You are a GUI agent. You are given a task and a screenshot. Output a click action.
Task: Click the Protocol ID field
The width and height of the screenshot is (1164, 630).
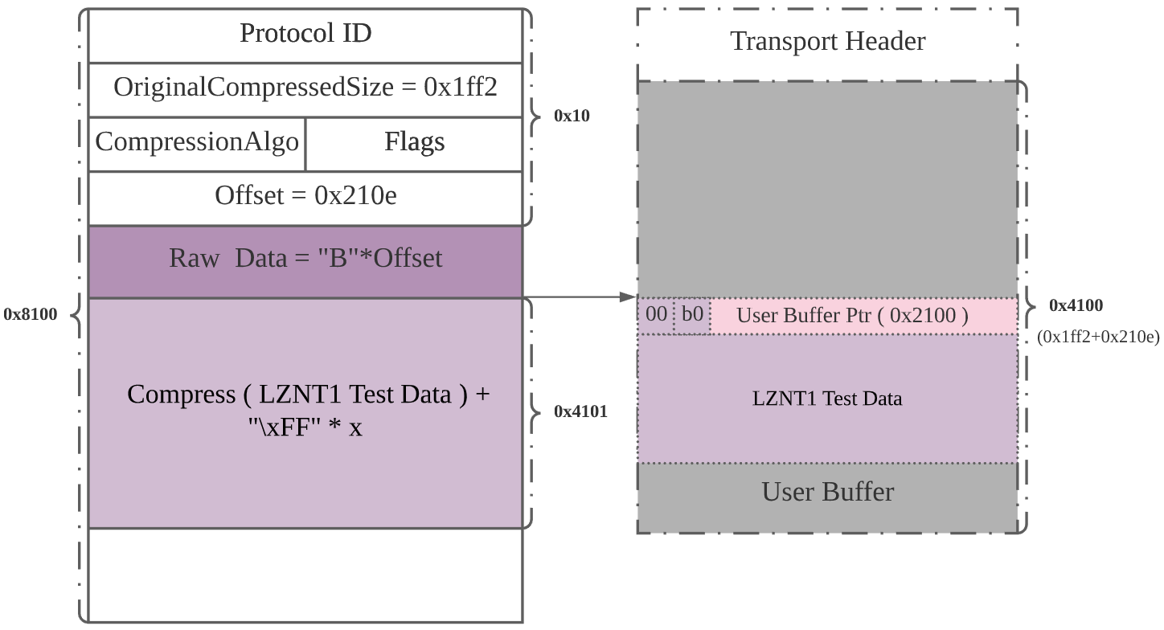click(305, 34)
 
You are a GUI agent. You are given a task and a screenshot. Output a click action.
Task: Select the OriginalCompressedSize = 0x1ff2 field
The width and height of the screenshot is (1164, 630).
click(305, 87)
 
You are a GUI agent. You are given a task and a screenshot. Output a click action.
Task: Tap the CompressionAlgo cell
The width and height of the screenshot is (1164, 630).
click(197, 142)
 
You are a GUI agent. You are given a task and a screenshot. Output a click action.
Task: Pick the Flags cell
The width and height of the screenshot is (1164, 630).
click(414, 142)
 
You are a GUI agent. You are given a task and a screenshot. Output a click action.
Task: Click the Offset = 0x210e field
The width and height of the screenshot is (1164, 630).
click(305, 195)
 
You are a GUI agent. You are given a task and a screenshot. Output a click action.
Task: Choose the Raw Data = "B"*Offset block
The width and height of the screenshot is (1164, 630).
click(305, 258)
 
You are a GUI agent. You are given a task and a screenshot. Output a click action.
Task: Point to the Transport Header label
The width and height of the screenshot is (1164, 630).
click(827, 42)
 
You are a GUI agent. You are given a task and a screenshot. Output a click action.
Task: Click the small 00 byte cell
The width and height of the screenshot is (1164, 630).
click(656, 314)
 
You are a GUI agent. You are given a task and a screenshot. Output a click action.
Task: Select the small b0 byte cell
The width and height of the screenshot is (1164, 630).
click(692, 314)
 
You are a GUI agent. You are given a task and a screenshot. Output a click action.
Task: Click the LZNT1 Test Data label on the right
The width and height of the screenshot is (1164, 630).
click(827, 399)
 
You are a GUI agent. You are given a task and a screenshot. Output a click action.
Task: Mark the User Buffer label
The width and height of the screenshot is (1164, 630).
click(827, 491)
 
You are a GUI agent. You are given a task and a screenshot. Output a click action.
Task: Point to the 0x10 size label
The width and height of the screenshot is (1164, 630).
click(572, 116)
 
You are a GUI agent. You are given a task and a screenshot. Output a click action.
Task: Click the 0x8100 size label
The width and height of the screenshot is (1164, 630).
click(31, 314)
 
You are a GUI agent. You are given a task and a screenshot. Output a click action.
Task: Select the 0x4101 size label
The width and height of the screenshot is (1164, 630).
click(580, 412)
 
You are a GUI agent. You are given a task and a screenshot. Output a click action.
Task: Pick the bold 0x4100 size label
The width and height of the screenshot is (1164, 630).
click(1076, 305)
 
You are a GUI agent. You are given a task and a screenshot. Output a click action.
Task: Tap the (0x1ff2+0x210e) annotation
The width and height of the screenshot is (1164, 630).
click(1098, 337)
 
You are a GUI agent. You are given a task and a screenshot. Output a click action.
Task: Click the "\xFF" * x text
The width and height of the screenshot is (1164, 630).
click(305, 427)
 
